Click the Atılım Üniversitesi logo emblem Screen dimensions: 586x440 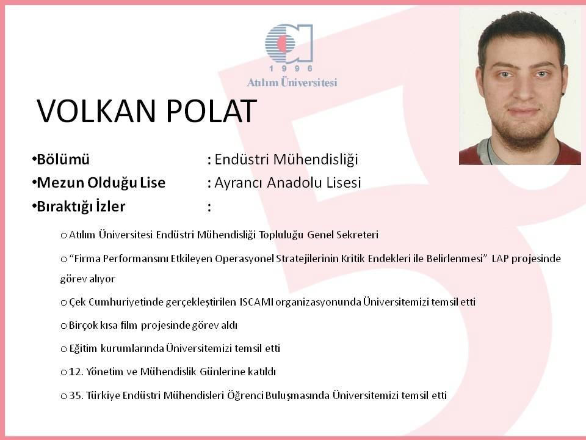pos(289,43)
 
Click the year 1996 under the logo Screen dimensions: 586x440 pos(291,68)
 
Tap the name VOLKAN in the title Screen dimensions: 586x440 pos(96,111)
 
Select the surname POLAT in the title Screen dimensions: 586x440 pos(211,111)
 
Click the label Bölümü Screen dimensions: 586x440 pos(63,159)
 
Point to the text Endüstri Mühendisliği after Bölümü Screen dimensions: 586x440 pos(286,159)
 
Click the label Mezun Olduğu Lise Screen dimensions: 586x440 pos(101,183)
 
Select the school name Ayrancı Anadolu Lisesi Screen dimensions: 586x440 pos(288,183)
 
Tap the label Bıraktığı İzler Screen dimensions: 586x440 pos(81,206)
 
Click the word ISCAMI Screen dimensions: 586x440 pos(256,302)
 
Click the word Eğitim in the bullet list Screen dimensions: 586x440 pos(83,349)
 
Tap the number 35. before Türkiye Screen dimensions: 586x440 pos(76,395)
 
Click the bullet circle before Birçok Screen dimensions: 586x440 pos(63,326)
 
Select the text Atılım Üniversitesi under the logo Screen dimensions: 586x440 pos(292,82)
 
